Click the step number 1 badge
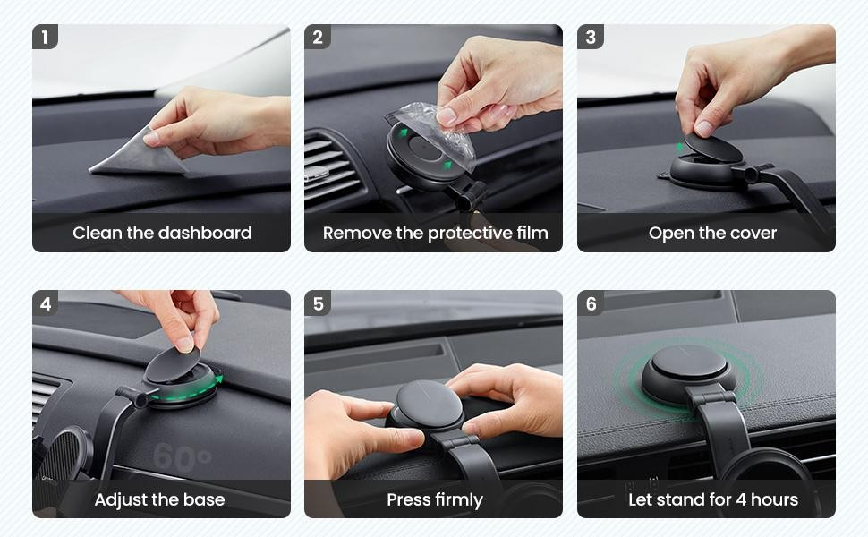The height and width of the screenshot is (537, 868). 45,37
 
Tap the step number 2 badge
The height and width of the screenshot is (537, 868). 317,37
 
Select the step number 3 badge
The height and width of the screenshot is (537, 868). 590,37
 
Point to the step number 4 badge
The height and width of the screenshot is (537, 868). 45,303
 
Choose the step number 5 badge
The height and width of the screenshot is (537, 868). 317,303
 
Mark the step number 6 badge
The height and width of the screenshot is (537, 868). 590,303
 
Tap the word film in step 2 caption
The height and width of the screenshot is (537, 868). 532,233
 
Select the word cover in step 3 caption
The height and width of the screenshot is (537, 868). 753,233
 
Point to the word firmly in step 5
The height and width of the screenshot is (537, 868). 459,500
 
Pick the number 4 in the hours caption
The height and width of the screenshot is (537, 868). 741,500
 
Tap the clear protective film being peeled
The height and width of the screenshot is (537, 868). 438,132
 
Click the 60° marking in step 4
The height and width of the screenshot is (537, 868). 183,458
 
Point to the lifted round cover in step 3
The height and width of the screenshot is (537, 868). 713,148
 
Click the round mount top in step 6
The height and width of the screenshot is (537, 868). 689,363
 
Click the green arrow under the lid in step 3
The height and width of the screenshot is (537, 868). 680,148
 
